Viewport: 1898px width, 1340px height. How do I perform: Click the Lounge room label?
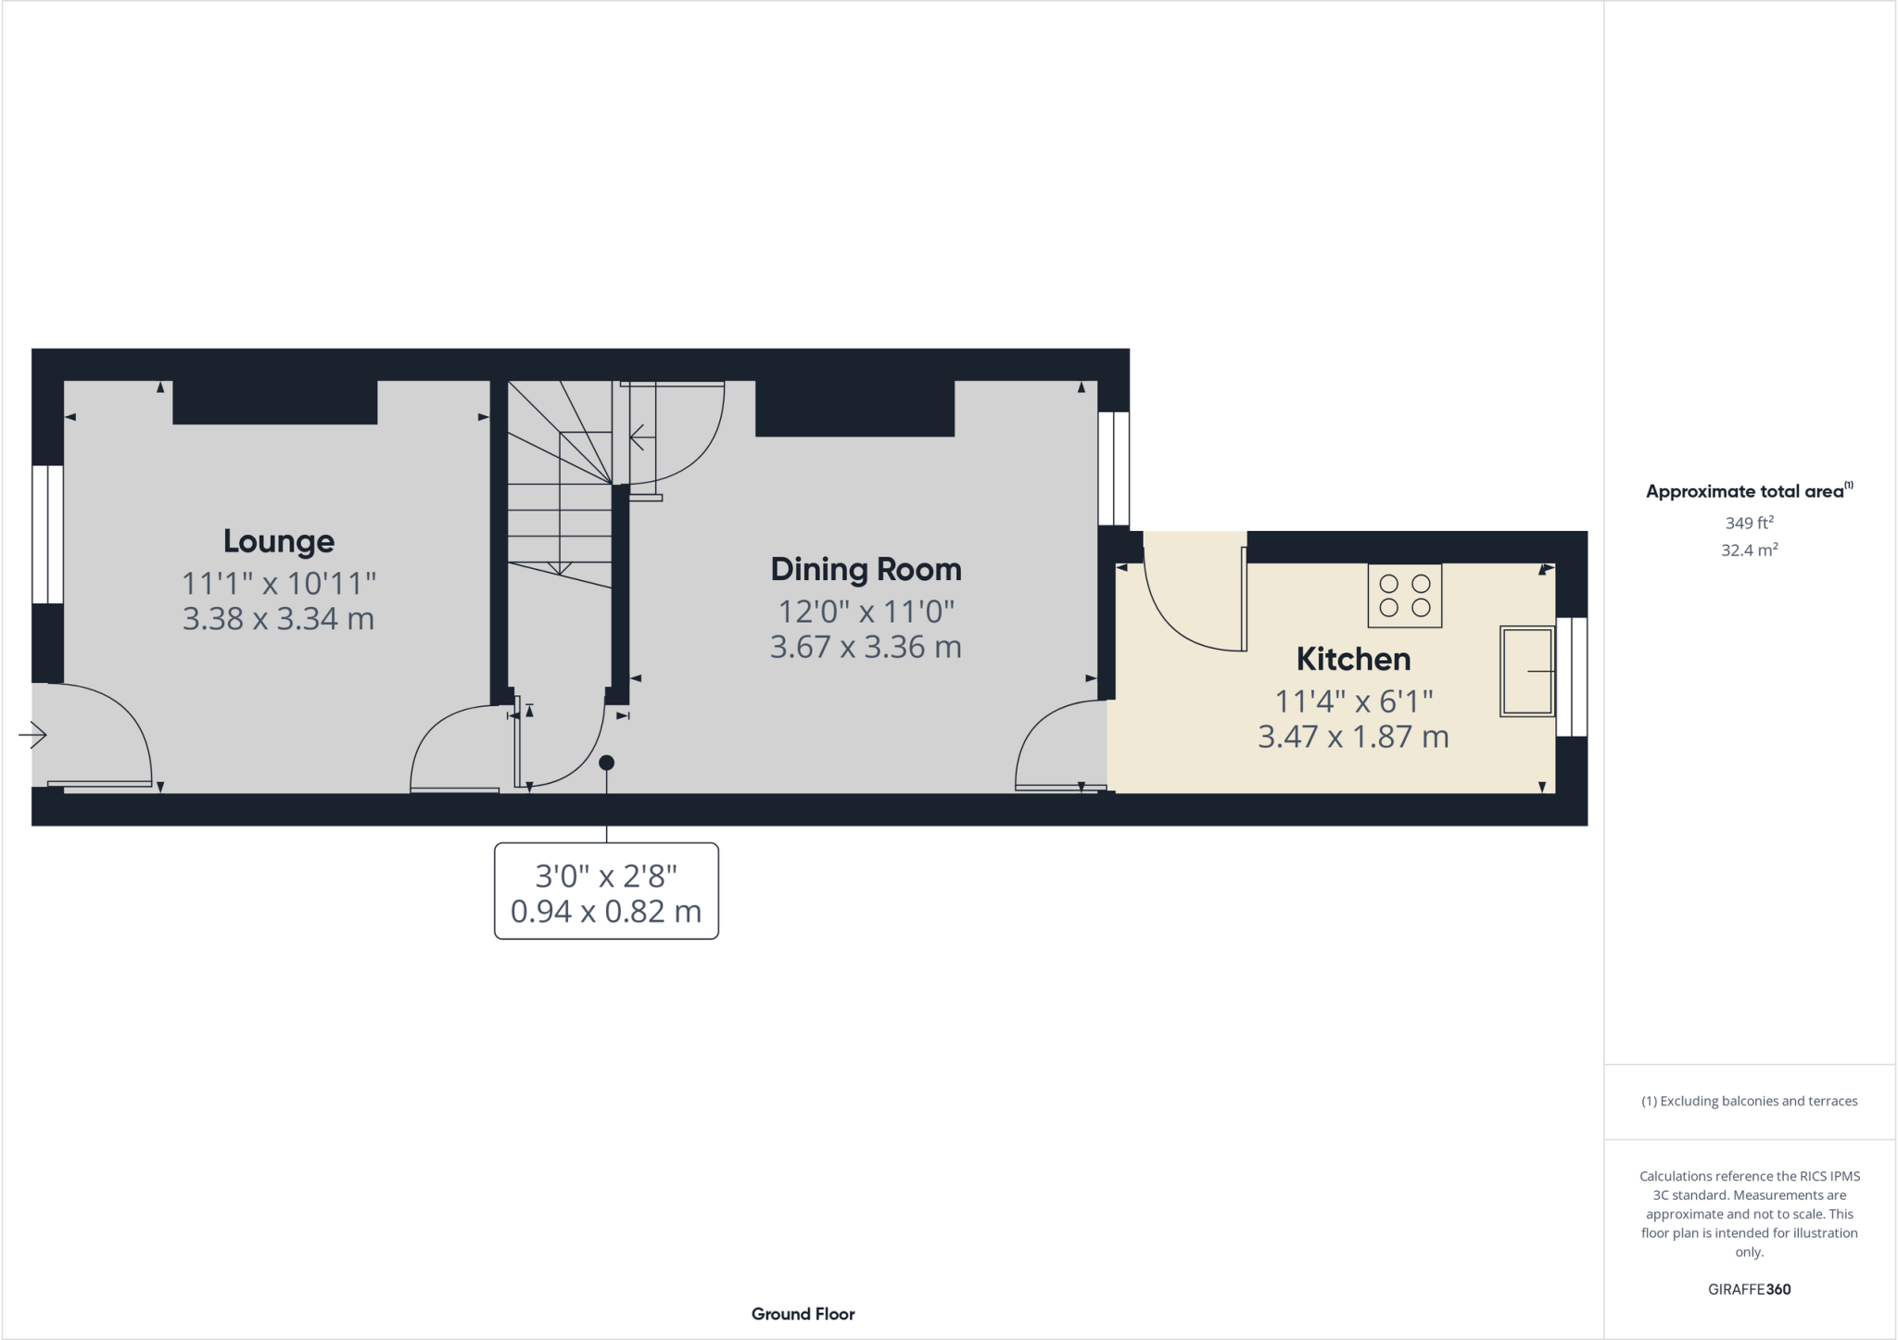(278, 541)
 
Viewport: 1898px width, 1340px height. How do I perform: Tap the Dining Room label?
(866, 569)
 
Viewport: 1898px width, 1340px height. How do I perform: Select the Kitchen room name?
(1353, 659)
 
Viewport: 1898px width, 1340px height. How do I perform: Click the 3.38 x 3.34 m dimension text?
(278, 618)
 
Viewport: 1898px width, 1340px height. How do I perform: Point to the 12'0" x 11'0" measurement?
(866, 612)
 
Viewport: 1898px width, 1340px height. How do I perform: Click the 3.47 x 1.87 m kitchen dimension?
(1353, 737)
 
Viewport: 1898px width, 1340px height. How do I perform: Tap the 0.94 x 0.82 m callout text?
(606, 911)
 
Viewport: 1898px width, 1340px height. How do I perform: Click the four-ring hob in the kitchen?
(1404, 596)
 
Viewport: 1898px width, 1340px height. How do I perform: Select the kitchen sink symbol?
(1526, 671)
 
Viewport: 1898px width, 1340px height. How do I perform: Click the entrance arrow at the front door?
(32, 735)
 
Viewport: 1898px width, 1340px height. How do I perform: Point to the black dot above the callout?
(606, 763)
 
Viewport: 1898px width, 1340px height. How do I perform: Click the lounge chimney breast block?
(274, 402)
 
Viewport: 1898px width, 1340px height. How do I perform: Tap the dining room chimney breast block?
(854, 408)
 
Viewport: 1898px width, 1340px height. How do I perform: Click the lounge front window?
(47, 535)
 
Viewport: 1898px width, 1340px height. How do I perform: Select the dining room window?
(1113, 469)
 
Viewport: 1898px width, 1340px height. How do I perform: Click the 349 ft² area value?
(1749, 523)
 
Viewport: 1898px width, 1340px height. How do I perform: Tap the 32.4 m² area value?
(1749, 550)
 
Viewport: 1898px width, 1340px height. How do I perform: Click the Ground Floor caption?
(803, 1313)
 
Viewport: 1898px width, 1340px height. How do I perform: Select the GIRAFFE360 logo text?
(1749, 1289)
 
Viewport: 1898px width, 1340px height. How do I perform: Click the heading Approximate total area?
(1745, 492)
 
